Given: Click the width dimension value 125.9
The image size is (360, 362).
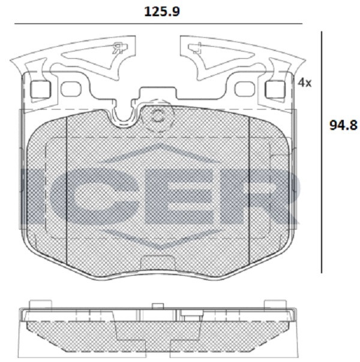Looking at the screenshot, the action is coord(162,11).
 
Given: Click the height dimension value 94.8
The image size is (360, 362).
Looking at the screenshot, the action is coord(343,125).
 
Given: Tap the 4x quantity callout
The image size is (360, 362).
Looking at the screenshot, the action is coord(305,83).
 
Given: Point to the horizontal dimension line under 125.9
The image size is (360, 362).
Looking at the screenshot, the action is coord(158,23).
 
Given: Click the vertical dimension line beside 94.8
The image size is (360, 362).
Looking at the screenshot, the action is coord(322,152).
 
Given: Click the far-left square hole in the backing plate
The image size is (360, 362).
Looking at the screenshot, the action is coord(41,89).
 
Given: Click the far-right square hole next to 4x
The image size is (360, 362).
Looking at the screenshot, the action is coord(275,89).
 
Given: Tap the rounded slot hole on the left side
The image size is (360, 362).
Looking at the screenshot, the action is coord(71,89).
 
